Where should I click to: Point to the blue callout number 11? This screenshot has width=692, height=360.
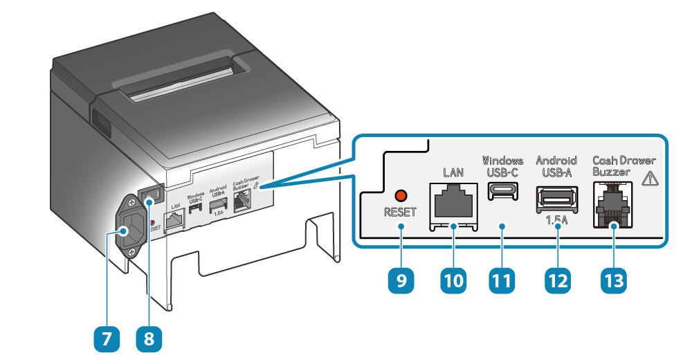503,280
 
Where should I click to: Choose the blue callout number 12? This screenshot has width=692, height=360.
557,280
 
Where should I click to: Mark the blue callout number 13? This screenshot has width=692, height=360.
613,280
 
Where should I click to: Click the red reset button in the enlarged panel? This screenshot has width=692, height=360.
399,196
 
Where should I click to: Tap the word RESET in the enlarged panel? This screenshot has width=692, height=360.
400,213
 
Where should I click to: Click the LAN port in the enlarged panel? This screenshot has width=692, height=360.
454,201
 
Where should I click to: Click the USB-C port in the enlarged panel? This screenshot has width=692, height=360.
503,192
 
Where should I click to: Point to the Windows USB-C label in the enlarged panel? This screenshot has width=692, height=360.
503,166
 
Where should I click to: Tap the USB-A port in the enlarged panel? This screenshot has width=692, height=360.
556,199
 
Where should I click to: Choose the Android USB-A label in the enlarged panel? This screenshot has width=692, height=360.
556,166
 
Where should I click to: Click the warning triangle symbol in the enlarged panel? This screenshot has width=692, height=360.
650,179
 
